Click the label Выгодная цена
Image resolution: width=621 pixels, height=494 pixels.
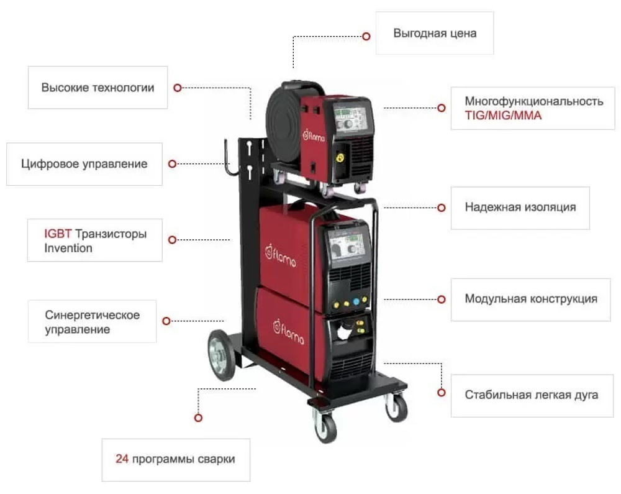pos(435,33)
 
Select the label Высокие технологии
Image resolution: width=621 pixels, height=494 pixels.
pos(97,88)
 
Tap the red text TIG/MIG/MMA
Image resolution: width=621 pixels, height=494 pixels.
pos(503,116)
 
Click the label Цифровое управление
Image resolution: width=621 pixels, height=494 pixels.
pos(84,164)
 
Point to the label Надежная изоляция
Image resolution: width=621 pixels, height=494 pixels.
pos(520,207)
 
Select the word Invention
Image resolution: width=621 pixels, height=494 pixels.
pos(68,248)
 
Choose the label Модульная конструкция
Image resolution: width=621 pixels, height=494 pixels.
pos(531,299)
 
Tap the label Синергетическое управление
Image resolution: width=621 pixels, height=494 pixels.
pos(92,322)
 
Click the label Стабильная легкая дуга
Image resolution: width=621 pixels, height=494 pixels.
pos(532,395)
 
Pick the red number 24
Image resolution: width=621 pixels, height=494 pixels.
pos(122,459)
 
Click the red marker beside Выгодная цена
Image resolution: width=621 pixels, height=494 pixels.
pos(366,37)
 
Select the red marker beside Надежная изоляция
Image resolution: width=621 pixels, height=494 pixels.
pos(442,208)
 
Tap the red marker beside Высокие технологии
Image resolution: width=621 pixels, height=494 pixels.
pos(178,88)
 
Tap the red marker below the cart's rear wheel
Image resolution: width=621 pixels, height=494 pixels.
pos(198,418)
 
